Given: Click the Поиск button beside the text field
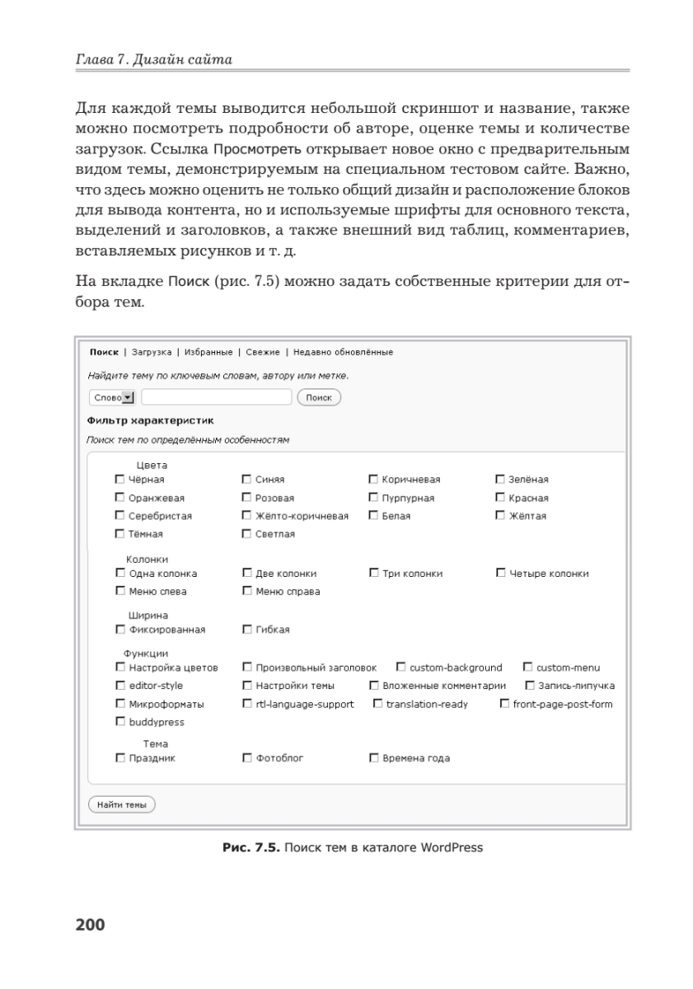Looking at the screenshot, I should tap(318, 397).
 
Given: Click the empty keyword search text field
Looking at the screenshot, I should tap(216, 397).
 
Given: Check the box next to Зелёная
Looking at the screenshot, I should tap(500, 479).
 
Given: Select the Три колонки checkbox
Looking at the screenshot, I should tap(373, 573).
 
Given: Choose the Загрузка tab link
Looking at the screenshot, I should tap(152, 352).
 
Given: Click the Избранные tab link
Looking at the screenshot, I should tap(208, 352).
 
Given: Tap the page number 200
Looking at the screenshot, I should tap(91, 924).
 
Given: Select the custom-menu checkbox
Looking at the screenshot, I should tap(528, 668).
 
